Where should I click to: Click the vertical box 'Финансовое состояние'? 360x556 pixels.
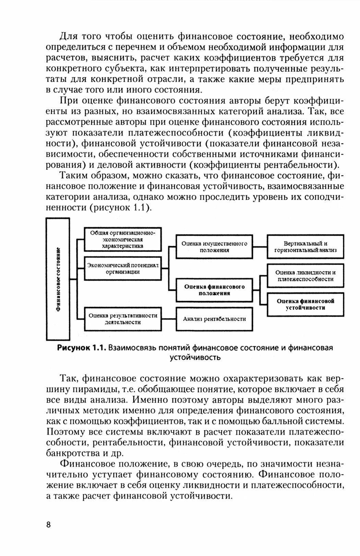pyautogui.click(x=58, y=279)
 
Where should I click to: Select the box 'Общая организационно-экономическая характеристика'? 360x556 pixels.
pyautogui.click(x=123, y=239)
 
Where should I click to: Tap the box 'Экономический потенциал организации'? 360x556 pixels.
pyautogui.click(x=123, y=268)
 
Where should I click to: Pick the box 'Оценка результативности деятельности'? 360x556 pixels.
pyautogui.click(x=123, y=319)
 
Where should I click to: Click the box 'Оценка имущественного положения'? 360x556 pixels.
pyautogui.click(x=214, y=247)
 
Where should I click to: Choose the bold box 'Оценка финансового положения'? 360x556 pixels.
pyautogui.click(x=214, y=290)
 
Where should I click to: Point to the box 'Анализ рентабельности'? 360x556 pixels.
pyautogui.click(x=214, y=319)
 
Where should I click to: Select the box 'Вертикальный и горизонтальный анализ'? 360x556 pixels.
pyautogui.click(x=305, y=247)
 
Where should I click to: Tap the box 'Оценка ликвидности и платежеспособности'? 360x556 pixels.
pyautogui.click(x=305, y=275)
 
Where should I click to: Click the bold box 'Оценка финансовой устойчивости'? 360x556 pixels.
pyautogui.click(x=305, y=304)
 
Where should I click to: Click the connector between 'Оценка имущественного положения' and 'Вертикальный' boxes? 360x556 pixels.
pyautogui.click(x=260, y=247)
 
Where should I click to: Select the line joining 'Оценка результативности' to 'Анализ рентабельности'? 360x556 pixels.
pyautogui.click(x=169, y=319)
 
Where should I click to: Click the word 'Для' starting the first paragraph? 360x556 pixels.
pyautogui.click(x=68, y=37)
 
